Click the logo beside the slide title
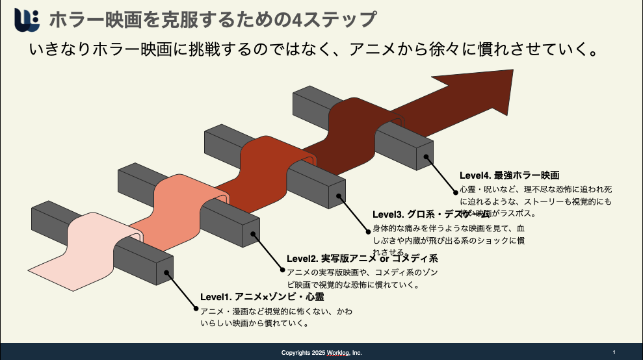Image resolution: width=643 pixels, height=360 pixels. pyautogui.click(x=26, y=19)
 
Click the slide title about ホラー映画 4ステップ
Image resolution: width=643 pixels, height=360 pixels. pyautogui.click(x=212, y=19)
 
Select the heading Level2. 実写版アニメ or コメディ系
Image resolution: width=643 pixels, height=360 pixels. pyautogui.click(x=362, y=259)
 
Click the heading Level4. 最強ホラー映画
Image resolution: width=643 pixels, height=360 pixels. pyautogui.click(x=510, y=175)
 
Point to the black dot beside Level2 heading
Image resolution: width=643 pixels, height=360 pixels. pyautogui.click(x=282, y=270)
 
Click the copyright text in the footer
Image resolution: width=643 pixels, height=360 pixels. pyautogui.click(x=321, y=353)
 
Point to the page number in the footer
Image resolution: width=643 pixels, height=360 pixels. pyautogui.click(x=614, y=352)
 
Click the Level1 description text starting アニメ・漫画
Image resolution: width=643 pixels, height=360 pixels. pyautogui.click(x=276, y=317)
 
